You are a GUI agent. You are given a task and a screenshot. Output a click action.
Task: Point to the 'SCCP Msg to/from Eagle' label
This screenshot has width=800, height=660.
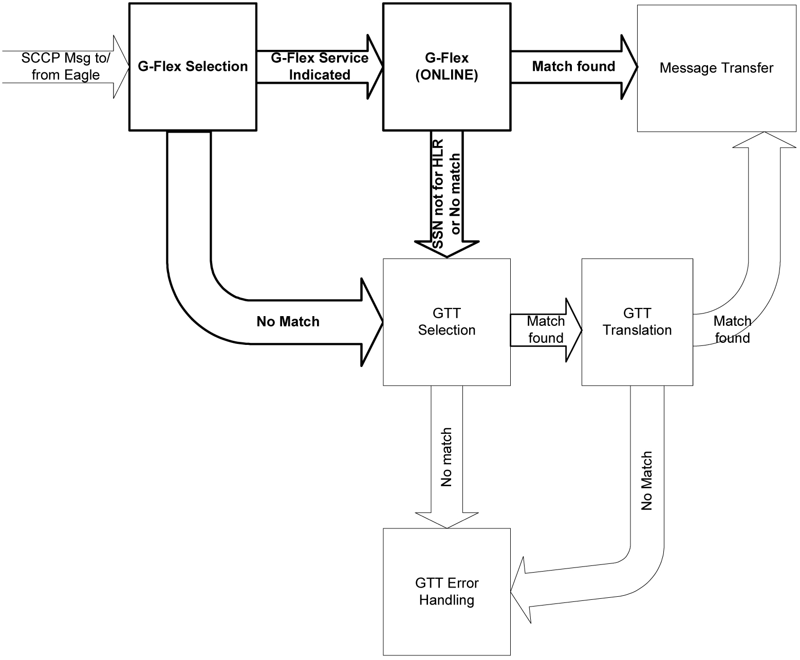[x=65, y=66]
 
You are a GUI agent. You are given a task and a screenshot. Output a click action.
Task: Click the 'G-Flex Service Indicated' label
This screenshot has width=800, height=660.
[x=319, y=66]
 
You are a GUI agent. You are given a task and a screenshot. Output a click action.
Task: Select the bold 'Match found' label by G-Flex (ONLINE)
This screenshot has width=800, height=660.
[x=573, y=66]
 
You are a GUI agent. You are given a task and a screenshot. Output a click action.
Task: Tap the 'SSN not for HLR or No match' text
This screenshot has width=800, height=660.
[x=446, y=194]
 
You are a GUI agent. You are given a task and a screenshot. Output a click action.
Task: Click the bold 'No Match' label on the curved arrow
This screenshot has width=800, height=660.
[x=288, y=322]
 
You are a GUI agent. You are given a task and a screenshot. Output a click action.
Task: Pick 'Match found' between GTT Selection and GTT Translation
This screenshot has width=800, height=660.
[x=546, y=329]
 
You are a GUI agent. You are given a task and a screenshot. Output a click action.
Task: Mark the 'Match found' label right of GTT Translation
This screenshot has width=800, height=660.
[x=732, y=329]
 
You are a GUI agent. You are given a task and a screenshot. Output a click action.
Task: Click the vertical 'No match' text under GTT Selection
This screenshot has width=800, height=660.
[x=446, y=457]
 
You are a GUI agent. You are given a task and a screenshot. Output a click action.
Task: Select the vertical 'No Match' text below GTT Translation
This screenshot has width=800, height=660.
[x=646, y=481]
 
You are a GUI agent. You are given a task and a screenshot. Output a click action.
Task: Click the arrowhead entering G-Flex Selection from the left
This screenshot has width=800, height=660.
[x=121, y=67]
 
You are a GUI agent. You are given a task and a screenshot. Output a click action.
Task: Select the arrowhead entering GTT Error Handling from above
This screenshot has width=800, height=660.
[x=446, y=520]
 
